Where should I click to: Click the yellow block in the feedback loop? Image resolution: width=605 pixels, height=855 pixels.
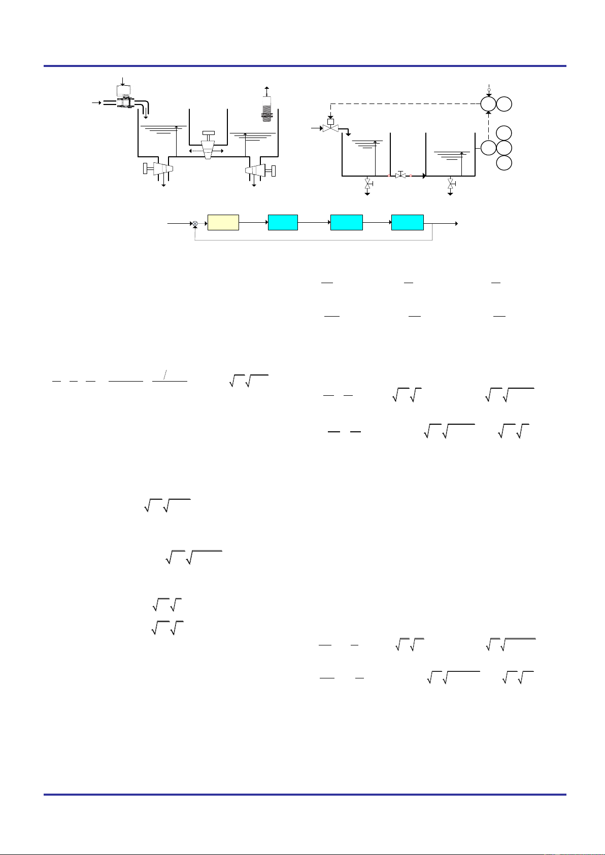pos(223,223)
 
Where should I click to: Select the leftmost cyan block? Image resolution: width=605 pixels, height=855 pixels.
pos(283,223)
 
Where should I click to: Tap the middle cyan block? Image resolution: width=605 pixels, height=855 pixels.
pos(346,223)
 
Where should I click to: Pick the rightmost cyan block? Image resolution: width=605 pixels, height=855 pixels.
pos(408,223)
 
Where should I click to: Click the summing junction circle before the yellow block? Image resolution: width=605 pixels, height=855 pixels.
pos(195,223)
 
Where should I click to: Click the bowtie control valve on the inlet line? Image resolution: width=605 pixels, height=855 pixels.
pos(330,129)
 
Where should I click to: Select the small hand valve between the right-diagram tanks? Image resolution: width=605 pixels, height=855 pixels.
pos(400,176)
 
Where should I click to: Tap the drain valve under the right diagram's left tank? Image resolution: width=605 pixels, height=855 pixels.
pos(367,184)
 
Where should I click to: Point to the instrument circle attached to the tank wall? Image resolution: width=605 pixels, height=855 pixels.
pos(488,148)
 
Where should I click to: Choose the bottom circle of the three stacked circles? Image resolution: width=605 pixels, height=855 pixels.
pos(504,163)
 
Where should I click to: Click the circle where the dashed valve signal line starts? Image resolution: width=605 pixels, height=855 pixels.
pos(488,105)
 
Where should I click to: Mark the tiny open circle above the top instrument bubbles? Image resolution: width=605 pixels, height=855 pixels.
pos(488,90)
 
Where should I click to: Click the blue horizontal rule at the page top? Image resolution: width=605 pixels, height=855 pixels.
pos(305,66)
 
